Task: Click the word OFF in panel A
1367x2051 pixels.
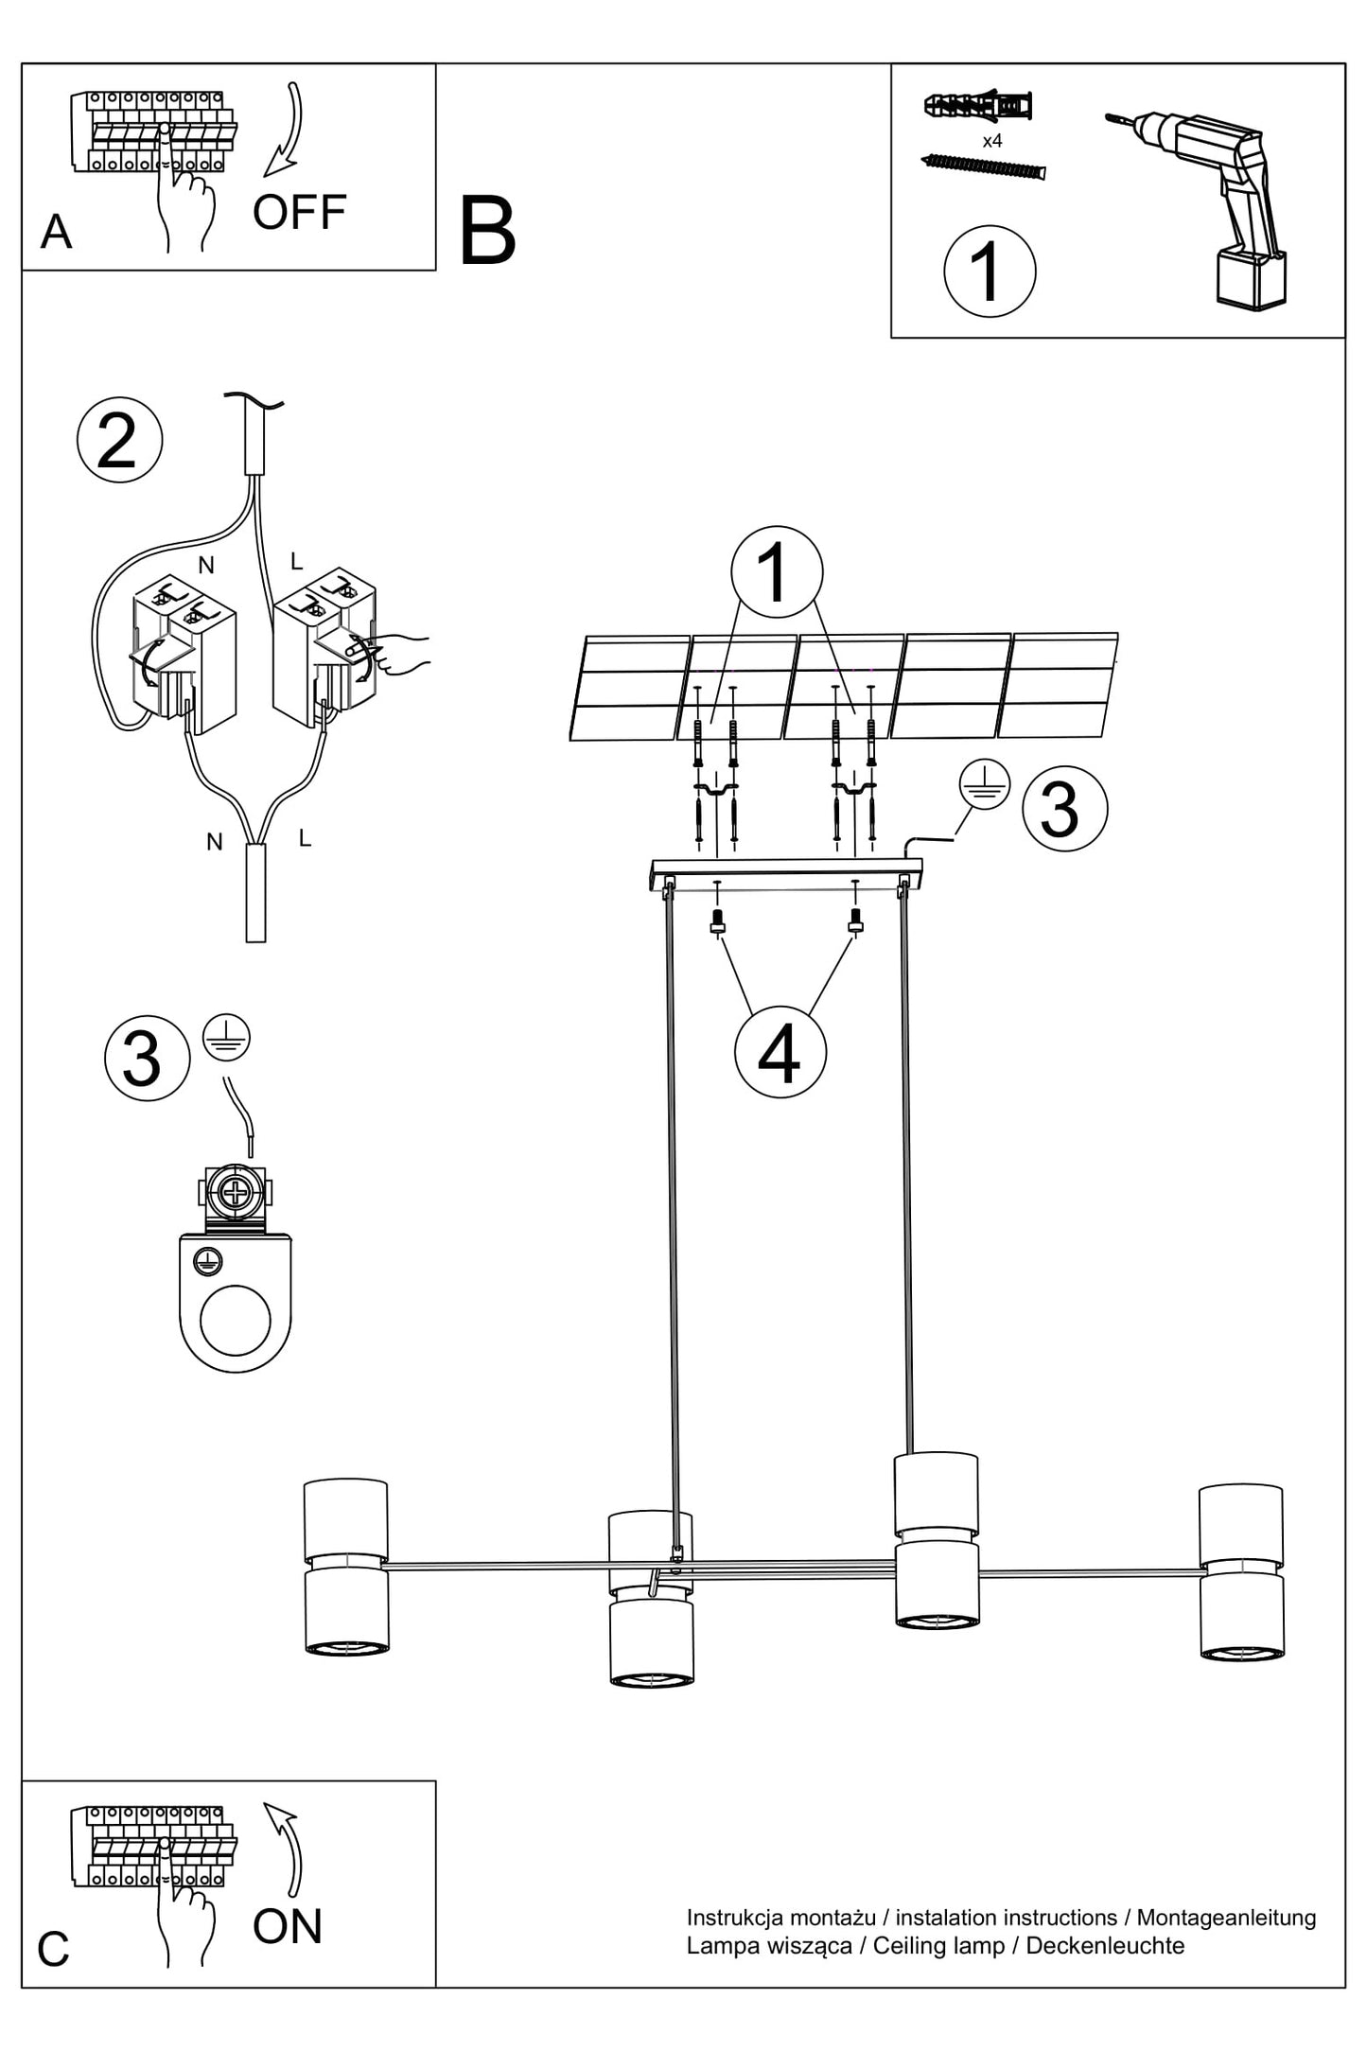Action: point(299,212)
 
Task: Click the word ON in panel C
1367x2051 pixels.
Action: point(288,1926)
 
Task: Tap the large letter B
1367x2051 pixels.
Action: point(487,231)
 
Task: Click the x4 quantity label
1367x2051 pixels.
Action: point(992,141)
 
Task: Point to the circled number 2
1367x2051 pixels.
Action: point(119,440)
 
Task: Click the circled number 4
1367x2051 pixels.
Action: point(780,1052)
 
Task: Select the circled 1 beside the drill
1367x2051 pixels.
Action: point(990,271)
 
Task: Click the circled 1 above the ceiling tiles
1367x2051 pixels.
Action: point(777,571)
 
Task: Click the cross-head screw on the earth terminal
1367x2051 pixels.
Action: point(234,1192)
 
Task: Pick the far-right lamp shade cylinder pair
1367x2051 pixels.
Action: point(1241,1572)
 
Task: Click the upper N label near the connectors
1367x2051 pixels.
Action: point(206,565)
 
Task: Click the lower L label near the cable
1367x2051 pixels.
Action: point(305,837)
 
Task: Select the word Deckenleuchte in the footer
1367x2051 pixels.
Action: point(1105,1945)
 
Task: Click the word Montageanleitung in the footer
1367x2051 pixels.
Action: point(1226,1918)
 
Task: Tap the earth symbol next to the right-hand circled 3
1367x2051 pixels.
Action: point(985,784)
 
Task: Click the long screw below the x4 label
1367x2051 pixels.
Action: point(983,167)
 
